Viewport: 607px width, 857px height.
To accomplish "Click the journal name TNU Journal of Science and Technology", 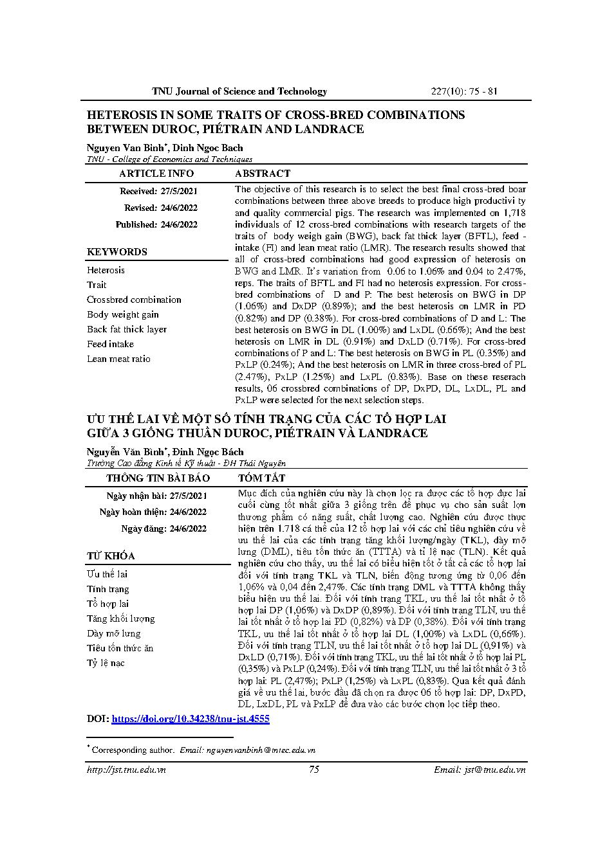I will point(239,91).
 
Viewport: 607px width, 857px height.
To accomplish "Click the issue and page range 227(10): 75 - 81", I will point(463,91).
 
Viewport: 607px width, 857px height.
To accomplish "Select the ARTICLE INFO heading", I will point(156,174).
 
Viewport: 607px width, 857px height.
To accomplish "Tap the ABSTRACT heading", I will point(262,174).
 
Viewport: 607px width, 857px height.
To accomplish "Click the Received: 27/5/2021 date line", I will point(158,191).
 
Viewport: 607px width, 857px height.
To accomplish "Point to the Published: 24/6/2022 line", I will point(156,224).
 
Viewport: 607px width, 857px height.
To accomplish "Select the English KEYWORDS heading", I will point(117,252).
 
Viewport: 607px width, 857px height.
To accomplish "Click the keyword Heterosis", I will point(106,270).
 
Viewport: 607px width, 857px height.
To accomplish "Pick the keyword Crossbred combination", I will point(134,300).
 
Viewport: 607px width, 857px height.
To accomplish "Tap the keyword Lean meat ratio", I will point(118,359).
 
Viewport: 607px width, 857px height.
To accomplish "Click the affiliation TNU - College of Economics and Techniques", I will point(169,159).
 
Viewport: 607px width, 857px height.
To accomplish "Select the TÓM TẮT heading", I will point(261,478).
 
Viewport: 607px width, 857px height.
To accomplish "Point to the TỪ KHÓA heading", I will point(111,556).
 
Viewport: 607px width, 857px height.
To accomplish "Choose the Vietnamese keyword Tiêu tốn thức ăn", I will point(120,648).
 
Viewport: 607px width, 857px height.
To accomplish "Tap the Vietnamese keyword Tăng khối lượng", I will point(120,618).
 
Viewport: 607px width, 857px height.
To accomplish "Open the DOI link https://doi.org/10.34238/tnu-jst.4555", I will point(191,719).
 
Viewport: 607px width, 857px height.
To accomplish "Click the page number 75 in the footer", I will point(314,770).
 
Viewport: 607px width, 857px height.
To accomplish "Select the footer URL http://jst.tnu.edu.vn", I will point(126,770).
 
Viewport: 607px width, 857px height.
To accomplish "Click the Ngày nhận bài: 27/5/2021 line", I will point(156,496).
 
